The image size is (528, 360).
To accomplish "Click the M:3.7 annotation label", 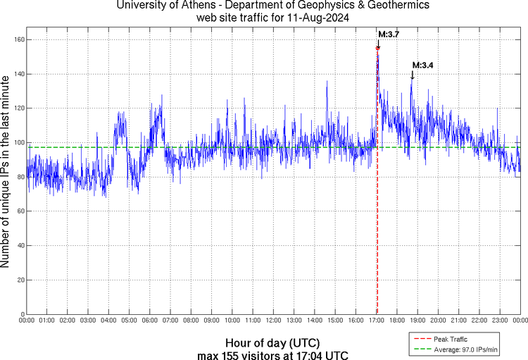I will click(x=389, y=34).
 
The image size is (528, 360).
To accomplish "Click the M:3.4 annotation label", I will click(x=422, y=65).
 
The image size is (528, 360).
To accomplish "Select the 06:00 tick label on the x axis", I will click(x=150, y=321).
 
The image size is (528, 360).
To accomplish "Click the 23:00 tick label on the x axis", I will click(x=499, y=321).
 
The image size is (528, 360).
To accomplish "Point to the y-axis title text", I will click(x=6, y=173).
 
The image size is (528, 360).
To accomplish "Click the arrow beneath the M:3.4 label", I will click(x=412, y=75).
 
